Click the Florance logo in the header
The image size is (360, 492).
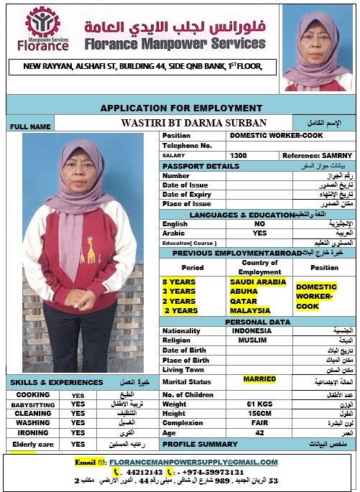pos(47,30)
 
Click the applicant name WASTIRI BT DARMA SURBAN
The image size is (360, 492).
pos(194,122)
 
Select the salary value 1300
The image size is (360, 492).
pos(239,155)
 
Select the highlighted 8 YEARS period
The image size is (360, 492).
pos(178,282)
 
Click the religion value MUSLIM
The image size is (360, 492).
pos(251,340)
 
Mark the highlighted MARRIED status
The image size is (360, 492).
pos(259,379)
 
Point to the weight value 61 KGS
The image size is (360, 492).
pos(259,404)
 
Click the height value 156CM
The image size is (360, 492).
pos(259,414)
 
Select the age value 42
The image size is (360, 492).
pos(259,433)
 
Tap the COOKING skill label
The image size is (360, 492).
pos(32,395)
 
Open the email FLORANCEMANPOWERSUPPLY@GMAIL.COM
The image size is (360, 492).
pos(193,462)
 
